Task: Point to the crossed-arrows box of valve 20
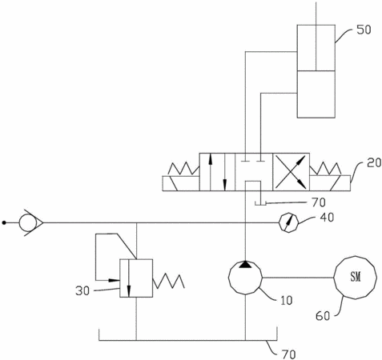(291, 172)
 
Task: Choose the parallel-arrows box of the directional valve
(217, 172)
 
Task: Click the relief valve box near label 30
(136, 278)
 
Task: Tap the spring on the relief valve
(169, 281)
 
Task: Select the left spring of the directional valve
(184, 169)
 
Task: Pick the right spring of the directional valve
(325, 168)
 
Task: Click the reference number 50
(364, 30)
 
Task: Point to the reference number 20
(374, 162)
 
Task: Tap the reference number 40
(327, 218)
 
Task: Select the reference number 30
(82, 290)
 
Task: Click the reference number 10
(286, 301)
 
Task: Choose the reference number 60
(323, 316)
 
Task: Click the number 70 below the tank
(288, 354)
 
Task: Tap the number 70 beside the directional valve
(319, 202)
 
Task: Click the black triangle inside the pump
(245, 264)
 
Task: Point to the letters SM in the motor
(356, 277)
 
